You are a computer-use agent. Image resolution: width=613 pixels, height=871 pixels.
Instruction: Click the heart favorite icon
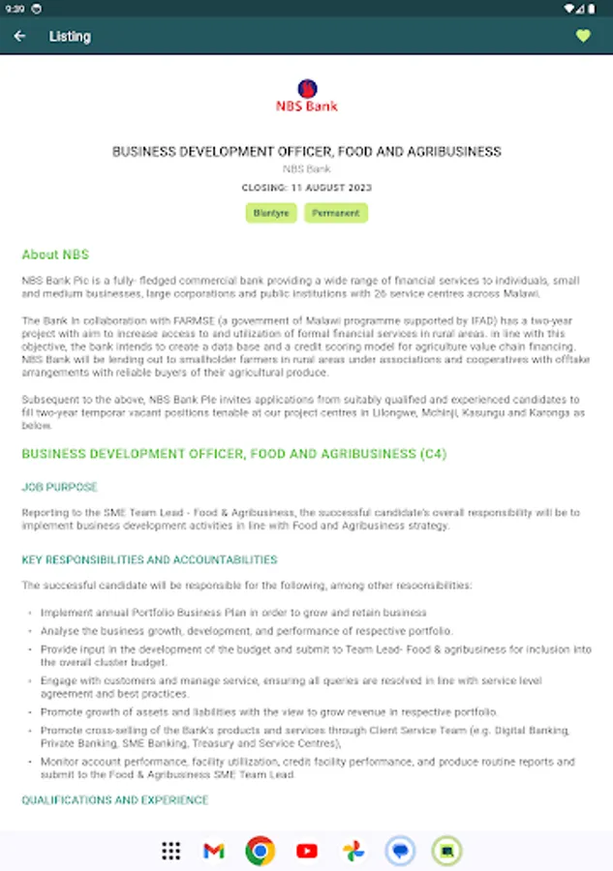click(583, 37)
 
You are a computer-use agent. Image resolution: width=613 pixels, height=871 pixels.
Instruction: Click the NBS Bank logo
click(307, 96)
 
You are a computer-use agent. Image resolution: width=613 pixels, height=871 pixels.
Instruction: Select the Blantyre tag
click(271, 213)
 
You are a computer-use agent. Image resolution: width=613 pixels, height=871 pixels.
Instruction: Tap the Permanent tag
click(336, 213)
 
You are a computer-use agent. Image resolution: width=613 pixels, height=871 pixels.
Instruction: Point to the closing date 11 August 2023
click(306, 188)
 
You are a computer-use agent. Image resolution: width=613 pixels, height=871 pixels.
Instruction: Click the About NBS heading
click(55, 255)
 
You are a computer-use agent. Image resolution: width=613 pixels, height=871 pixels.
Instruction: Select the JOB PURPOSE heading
click(60, 487)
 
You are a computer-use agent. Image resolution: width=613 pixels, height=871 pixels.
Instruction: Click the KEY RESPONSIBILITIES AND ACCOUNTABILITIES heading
click(149, 559)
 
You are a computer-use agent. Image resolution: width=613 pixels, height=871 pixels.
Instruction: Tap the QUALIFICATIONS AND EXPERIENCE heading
click(115, 800)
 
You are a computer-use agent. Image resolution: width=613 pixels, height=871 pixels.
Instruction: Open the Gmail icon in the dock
click(214, 851)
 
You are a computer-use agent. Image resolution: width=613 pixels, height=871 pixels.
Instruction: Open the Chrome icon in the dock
click(260, 851)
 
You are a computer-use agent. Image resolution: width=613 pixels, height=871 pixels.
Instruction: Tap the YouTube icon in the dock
click(307, 851)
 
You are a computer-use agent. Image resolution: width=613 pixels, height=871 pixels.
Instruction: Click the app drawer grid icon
click(171, 851)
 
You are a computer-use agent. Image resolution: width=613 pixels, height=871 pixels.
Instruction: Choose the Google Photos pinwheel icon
click(353, 851)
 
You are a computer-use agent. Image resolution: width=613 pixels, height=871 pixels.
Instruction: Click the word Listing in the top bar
click(70, 37)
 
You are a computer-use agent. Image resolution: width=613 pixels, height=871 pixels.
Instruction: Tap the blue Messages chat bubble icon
click(399, 851)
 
